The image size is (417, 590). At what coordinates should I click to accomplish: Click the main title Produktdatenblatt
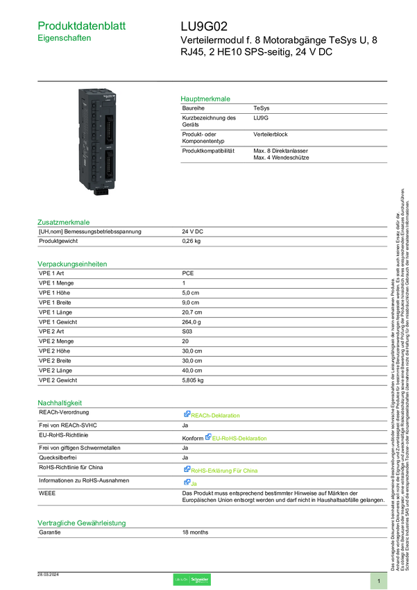[x=83, y=26]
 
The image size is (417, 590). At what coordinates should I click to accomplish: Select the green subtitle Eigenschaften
[x=65, y=40]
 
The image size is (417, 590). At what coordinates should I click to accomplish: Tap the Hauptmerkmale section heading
[x=205, y=99]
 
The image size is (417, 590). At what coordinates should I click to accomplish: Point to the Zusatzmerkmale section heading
[x=64, y=223]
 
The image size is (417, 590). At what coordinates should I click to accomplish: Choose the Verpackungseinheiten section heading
[x=72, y=264]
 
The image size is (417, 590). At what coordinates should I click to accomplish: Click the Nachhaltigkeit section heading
[x=60, y=402]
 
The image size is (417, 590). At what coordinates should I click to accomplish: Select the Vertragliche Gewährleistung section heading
[x=82, y=522]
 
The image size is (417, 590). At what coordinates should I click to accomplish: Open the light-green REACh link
[x=216, y=416]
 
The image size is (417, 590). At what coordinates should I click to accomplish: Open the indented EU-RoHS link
[x=240, y=439]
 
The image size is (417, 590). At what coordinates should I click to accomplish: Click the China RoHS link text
[x=225, y=471]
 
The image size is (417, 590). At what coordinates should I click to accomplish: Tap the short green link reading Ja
[x=194, y=484]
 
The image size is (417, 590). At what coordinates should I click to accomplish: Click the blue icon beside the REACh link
[x=187, y=414]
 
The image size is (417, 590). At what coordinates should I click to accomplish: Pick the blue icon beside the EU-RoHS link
[x=207, y=437]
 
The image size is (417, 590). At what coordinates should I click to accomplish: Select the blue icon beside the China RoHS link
[x=187, y=469]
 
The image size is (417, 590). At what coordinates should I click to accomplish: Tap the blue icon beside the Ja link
[x=187, y=482]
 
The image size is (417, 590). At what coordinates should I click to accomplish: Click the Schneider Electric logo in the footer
[x=192, y=580]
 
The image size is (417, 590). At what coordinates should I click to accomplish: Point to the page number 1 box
[x=379, y=580]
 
